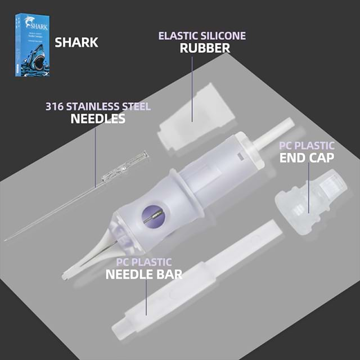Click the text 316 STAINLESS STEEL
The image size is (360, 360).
click(x=98, y=106)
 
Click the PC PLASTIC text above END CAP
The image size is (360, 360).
click(x=307, y=145)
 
